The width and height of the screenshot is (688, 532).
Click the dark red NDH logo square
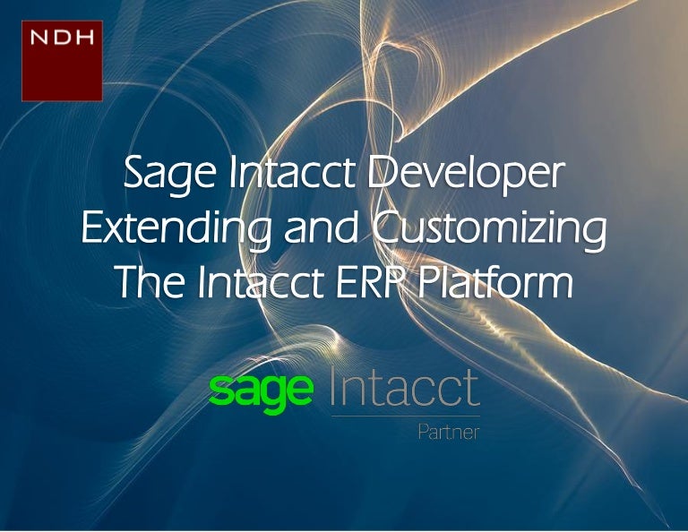pos(62,61)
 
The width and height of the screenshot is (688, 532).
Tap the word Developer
pos(467,174)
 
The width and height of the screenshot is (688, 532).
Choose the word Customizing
pos(487,228)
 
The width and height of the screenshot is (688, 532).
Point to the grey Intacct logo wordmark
pos(405,387)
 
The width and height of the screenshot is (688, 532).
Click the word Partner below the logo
pos(448,432)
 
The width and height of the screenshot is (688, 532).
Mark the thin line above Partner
pos(405,416)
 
